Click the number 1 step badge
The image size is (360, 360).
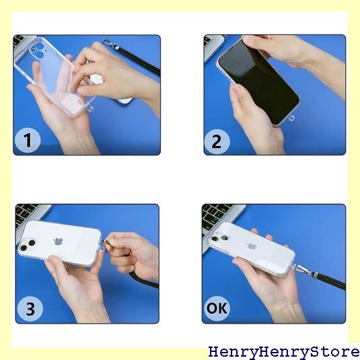[28, 140]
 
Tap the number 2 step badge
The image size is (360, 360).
[217, 141]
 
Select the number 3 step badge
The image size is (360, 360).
[30, 309]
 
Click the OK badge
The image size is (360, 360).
[217, 308]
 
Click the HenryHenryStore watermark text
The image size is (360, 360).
[284, 353]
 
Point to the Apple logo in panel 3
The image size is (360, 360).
[59, 242]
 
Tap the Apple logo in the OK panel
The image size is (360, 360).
[252, 246]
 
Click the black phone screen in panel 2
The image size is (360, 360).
[259, 81]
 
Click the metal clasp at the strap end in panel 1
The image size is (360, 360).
[110, 44]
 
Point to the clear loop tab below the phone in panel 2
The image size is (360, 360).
[291, 118]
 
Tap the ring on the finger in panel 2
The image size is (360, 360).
[236, 100]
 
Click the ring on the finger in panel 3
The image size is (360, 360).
[53, 271]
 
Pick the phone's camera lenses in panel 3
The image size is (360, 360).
[28, 245]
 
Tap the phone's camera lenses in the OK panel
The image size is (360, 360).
[219, 238]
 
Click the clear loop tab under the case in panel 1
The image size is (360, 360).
[90, 108]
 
